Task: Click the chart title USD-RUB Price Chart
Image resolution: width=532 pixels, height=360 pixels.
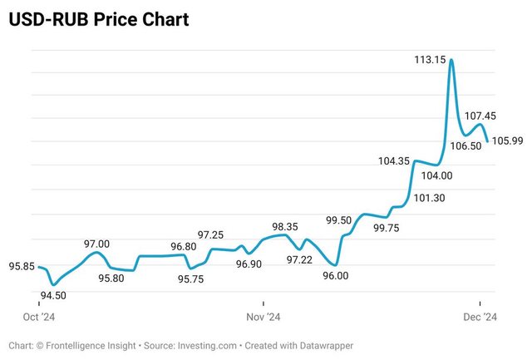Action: (x=99, y=18)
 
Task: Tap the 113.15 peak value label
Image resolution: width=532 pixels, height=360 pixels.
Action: (x=430, y=59)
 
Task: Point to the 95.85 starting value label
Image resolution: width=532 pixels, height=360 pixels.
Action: (x=22, y=266)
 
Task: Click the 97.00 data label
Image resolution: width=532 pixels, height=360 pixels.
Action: (x=96, y=244)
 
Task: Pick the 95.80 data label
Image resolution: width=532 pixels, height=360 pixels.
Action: (x=111, y=279)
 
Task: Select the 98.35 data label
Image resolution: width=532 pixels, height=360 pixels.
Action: (x=285, y=226)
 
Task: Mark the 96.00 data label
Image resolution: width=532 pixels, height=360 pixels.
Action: (x=335, y=276)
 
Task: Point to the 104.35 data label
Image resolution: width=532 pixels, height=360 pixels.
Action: (x=393, y=161)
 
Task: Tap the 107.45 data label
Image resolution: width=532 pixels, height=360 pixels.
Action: (x=480, y=116)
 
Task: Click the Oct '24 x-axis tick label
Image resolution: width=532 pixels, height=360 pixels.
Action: (x=37, y=317)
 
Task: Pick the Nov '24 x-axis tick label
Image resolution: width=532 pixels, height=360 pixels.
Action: (x=263, y=317)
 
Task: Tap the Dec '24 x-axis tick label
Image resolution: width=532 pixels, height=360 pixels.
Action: (x=480, y=317)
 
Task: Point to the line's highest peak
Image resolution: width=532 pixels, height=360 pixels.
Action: (x=451, y=60)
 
